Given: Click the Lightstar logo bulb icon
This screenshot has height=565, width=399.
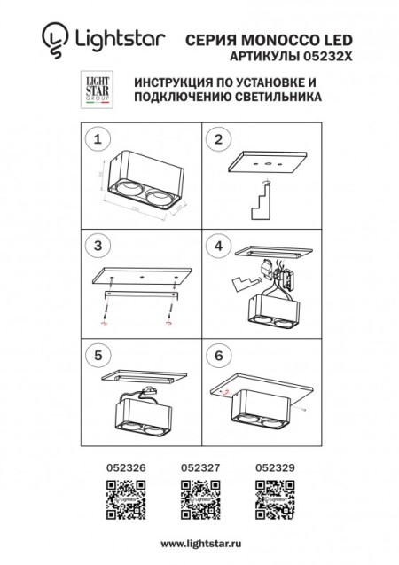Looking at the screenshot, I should pyautogui.click(x=54, y=38).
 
